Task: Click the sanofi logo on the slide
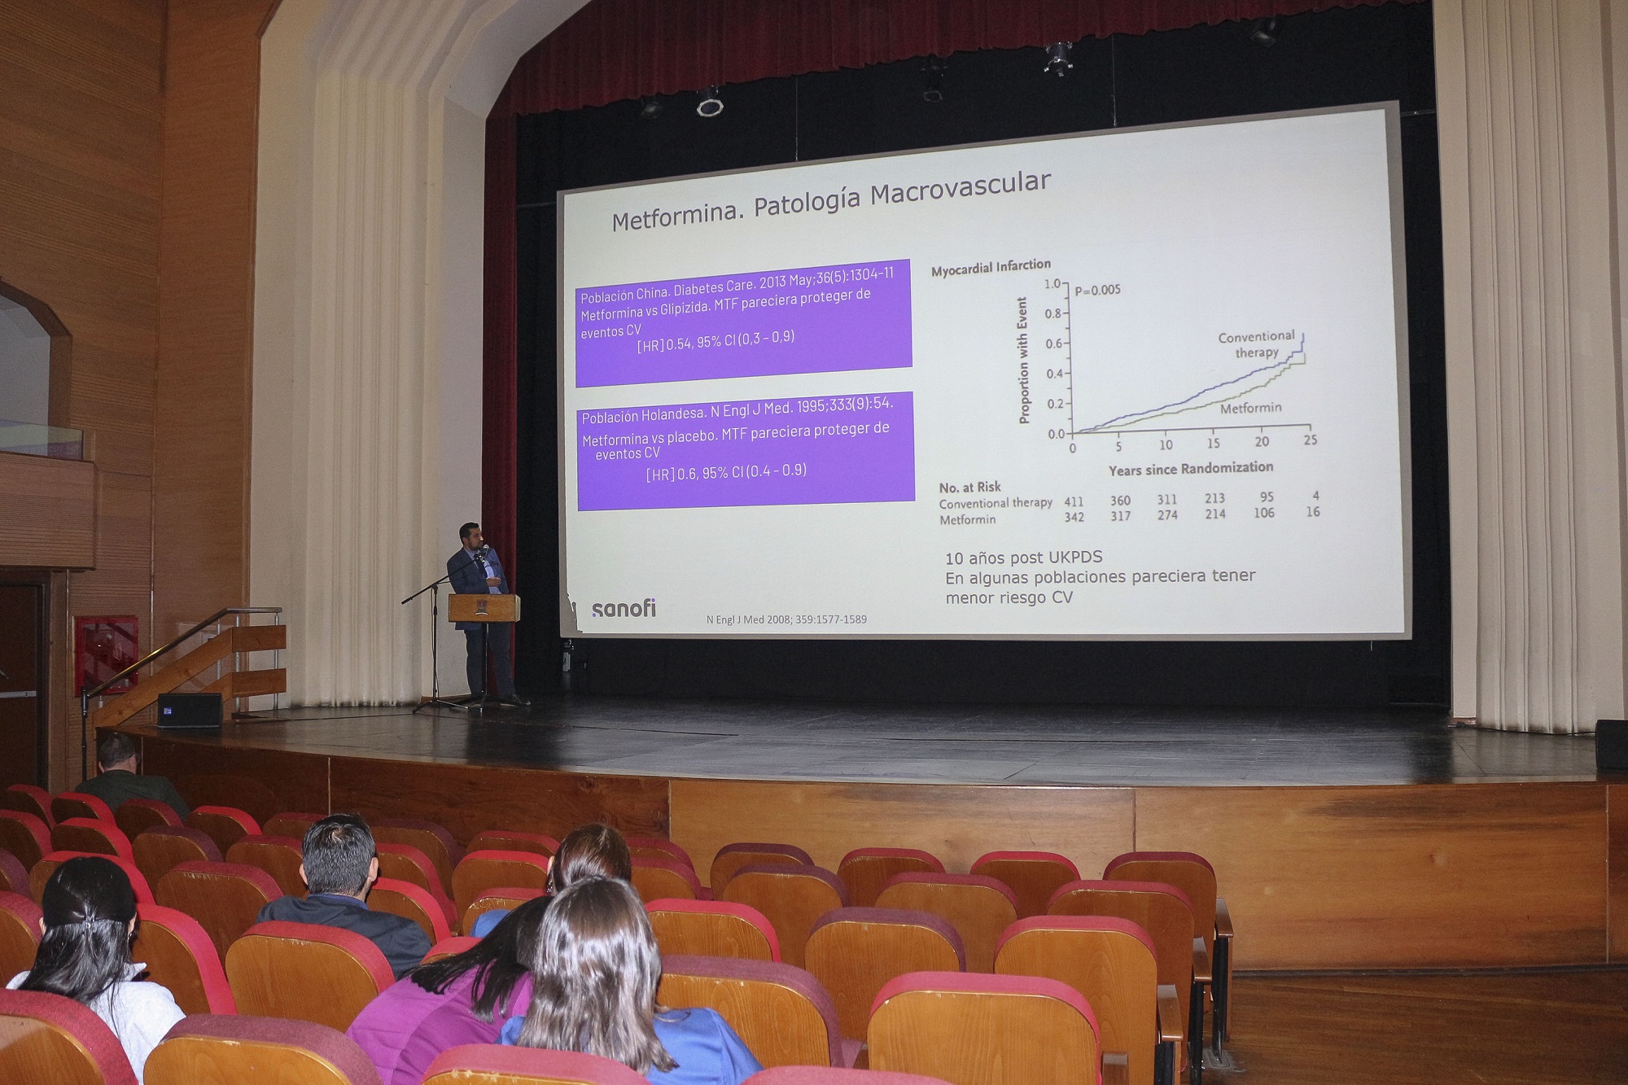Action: coord(624,608)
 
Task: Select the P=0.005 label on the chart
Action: coord(1097,290)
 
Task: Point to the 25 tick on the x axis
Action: coord(1310,440)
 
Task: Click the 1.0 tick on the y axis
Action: coord(1053,284)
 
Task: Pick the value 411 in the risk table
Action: coord(1074,502)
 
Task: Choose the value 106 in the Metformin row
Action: coord(1264,513)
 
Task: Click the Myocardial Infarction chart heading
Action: coord(991,267)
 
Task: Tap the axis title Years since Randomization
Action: coord(1191,469)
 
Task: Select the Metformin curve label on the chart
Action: coord(1250,408)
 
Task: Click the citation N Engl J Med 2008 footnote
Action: coord(786,619)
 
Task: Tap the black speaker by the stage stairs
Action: coord(190,711)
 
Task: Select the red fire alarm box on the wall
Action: coord(106,654)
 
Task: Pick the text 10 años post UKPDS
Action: coord(1023,558)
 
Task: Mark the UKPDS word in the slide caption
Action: coord(1073,558)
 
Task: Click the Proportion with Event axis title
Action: coord(1024,361)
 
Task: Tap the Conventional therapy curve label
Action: coord(1256,344)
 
